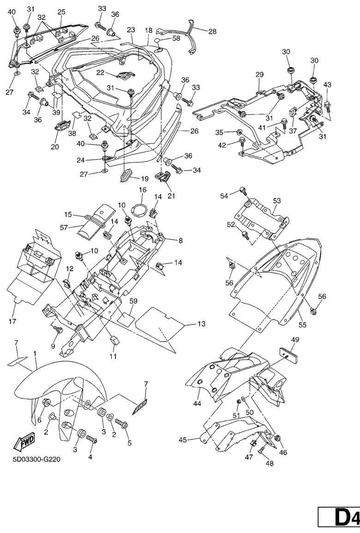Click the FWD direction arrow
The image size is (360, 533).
pos(24,443)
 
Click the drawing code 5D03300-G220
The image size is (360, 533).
pos(37,460)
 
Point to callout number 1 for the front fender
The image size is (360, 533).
pos(35,353)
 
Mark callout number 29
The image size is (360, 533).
pos(259,74)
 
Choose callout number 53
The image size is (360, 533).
pos(276,201)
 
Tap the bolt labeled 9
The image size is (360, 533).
pos(58,329)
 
